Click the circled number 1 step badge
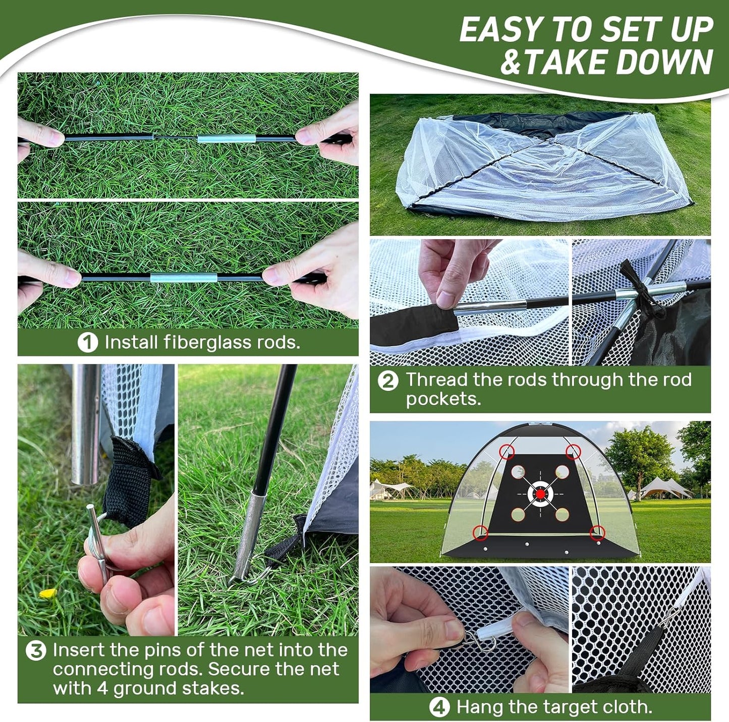[87, 343]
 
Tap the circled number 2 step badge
[387, 380]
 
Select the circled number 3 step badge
[36, 650]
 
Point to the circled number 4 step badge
[439, 707]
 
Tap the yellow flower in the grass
[47, 593]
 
